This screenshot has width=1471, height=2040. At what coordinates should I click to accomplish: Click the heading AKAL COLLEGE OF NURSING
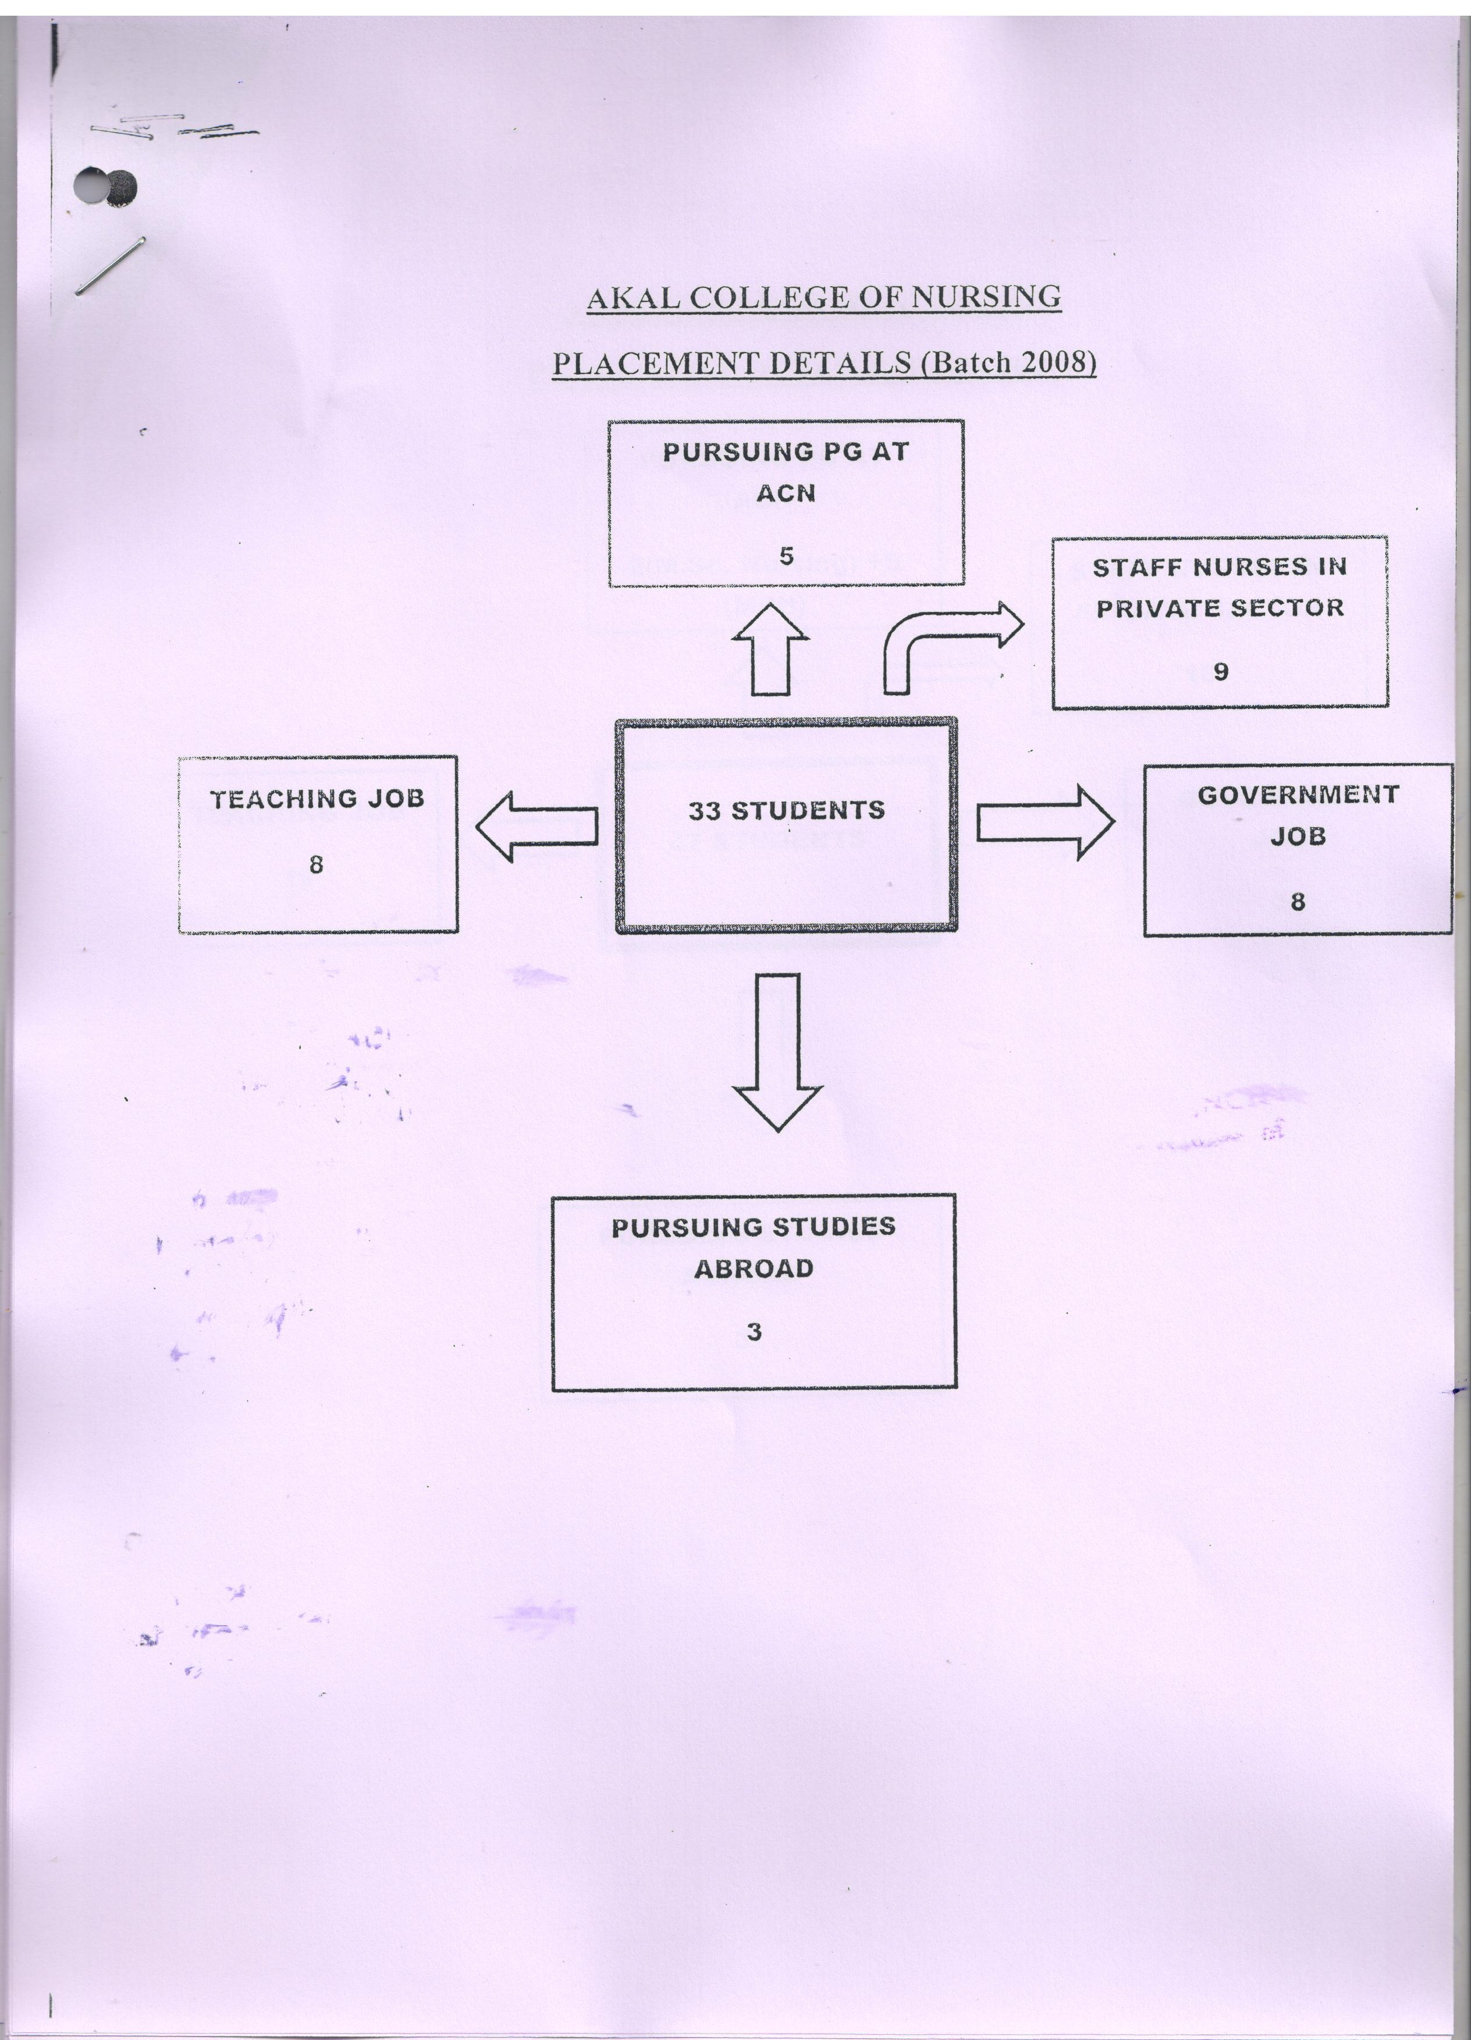[x=823, y=298]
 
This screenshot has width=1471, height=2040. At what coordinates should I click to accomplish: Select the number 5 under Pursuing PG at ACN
[x=786, y=556]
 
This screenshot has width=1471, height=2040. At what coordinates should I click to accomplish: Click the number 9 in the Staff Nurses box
[x=1220, y=671]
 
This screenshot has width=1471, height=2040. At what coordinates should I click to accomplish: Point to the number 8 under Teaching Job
[x=316, y=864]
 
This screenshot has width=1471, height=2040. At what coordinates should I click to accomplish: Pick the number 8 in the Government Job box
[x=1298, y=901]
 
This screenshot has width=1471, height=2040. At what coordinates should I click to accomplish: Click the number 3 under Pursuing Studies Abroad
[x=754, y=1331]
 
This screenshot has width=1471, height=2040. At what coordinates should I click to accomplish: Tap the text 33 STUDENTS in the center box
[x=786, y=810]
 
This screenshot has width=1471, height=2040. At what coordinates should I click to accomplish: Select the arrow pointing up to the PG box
[x=770, y=649]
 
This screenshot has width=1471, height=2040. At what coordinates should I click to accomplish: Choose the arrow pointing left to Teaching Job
[x=536, y=826]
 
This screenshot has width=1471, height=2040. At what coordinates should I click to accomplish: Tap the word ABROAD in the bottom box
[x=754, y=1268]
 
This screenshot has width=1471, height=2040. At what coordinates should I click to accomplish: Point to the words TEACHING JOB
[x=317, y=799]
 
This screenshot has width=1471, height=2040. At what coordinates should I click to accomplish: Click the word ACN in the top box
[x=786, y=493]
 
